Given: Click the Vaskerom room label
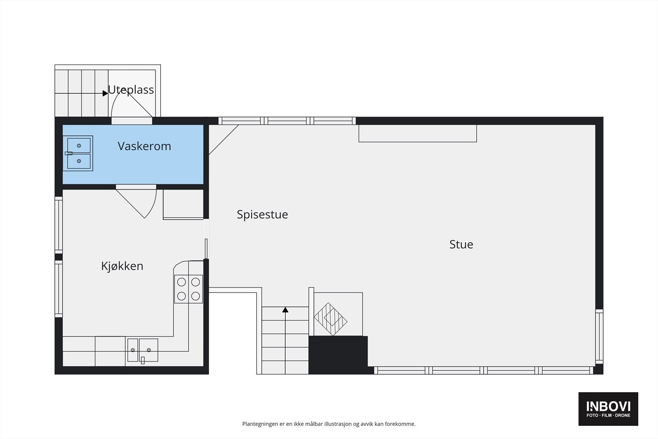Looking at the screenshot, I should tap(144, 146).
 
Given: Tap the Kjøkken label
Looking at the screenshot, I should tap(122, 266).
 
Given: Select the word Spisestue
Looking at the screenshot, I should tap(262, 214).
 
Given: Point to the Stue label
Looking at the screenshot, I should tap(461, 244).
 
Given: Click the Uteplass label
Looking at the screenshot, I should tap(131, 90).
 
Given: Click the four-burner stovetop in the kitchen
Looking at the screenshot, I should tap(188, 289).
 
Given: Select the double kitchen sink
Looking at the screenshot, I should tap(143, 350).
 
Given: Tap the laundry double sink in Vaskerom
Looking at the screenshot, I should tap(79, 153).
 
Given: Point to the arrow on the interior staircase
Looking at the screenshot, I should tap(285, 309).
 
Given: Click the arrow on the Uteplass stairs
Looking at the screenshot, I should tap(105, 93).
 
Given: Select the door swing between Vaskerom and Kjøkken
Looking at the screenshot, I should tap(140, 202).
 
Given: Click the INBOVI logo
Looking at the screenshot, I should tap(608, 409).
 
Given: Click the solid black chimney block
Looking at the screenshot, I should tap(338, 355).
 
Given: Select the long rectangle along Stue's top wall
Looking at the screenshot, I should tap(417, 133).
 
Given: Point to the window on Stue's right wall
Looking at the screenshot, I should tap(599, 336).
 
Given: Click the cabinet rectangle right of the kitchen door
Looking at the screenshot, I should tap(183, 204).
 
